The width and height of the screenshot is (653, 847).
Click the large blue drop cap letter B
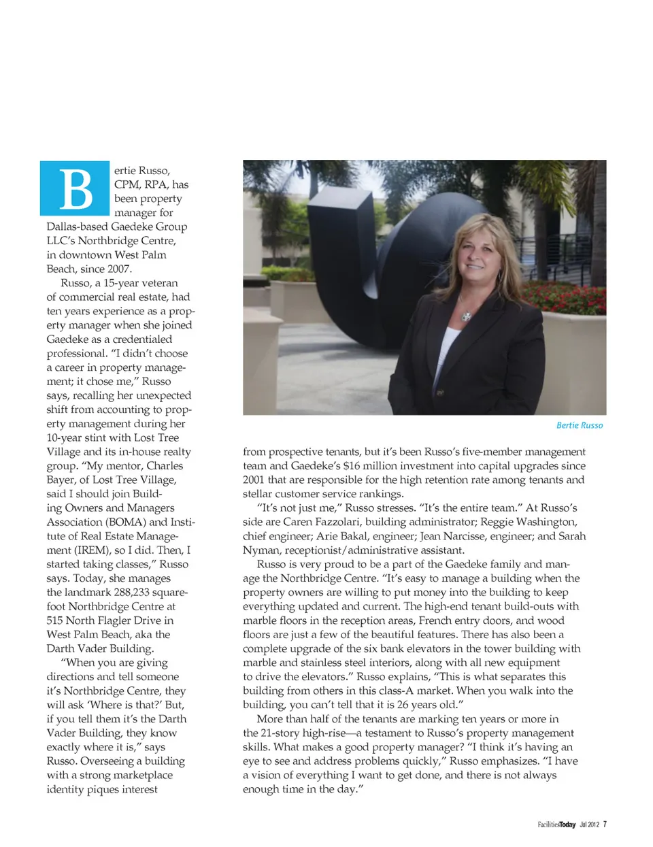76,188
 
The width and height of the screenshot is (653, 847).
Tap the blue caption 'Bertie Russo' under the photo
580,425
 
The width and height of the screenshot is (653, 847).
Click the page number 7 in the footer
605,825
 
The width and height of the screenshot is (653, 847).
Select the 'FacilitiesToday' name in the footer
556,825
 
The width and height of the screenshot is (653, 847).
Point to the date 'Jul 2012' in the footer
589,825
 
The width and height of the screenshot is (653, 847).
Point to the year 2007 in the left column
118,269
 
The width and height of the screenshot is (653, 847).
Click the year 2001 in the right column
254,480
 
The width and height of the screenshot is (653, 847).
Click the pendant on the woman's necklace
466,316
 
